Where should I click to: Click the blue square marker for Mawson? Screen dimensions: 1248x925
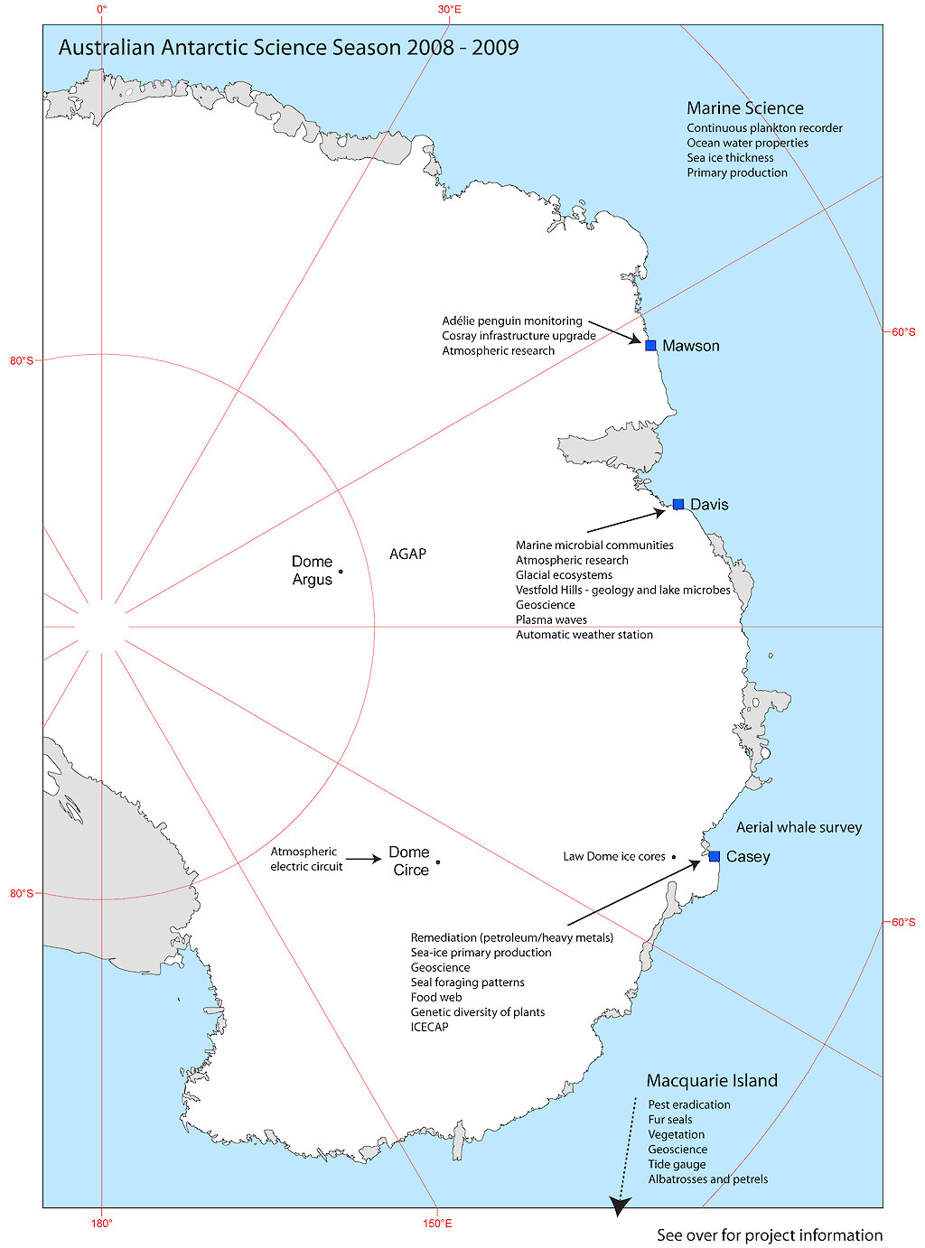click(650, 345)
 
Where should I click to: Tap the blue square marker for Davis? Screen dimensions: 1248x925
click(678, 504)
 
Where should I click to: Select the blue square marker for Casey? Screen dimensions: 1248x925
click(715, 856)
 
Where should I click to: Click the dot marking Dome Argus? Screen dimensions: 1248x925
click(341, 571)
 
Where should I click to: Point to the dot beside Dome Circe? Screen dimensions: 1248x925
click(438, 862)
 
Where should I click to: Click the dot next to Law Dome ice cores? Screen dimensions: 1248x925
click(674, 857)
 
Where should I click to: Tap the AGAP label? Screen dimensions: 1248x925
click(407, 554)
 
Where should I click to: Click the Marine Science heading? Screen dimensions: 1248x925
click(744, 108)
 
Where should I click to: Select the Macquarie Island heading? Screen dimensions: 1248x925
click(712, 1081)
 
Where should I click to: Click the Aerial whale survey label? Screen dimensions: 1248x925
click(799, 827)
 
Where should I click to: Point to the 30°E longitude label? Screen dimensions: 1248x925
click(449, 9)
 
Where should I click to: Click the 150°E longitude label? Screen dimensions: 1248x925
click(436, 1224)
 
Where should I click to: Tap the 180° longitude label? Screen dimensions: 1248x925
click(101, 1224)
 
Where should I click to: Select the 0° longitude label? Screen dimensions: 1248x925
click(101, 9)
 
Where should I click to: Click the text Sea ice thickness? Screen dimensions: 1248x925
click(730, 158)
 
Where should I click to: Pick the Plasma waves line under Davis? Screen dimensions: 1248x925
click(551, 620)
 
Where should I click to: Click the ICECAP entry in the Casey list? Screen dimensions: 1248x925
click(429, 1027)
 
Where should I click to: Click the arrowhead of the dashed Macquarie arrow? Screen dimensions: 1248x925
click(620, 1206)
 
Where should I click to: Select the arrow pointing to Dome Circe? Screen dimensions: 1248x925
click(363, 860)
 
